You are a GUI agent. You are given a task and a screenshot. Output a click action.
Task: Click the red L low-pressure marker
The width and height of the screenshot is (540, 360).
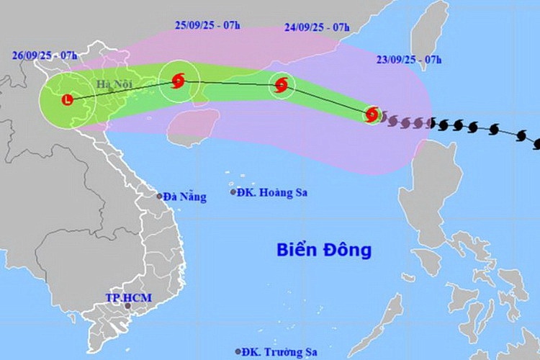(68, 100)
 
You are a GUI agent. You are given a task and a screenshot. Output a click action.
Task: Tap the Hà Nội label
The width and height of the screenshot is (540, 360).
(108, 84)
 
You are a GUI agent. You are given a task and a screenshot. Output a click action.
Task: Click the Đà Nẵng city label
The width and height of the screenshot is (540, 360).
(184, 196)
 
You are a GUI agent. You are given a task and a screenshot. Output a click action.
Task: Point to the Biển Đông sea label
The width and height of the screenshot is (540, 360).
(324, 250)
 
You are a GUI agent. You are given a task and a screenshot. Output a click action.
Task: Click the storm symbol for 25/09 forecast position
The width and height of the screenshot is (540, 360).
(178, 81)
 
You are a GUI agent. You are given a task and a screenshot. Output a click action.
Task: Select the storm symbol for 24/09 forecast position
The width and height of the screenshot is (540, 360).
(282, 86)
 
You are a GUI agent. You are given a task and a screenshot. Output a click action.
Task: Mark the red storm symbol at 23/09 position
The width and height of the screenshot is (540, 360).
(372, 114)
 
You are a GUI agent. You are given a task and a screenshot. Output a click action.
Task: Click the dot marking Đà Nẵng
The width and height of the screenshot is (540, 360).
(159, 196)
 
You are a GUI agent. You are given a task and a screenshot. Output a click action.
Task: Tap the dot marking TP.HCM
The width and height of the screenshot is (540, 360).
(128, 307)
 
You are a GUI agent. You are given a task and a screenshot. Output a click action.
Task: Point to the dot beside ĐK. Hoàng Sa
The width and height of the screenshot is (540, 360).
(233, 192)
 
